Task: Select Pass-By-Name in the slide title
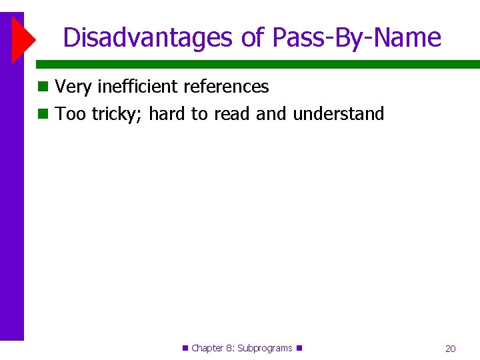click(x=357, y=37)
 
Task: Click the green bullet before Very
click(x=43, y=87)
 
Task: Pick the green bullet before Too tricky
click(x=43, y=114)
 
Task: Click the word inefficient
click(x=137, y=87)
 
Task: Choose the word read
click(x=232, y=114)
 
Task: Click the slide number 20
click(x=451, y=349)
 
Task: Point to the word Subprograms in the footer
click(x=265, y=348)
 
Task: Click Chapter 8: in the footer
click(x=212, y=348)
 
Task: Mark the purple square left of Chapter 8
click(x=185, y=348)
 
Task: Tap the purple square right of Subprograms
click(x=299, y=348)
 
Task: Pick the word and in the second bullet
click(x=271, y=114)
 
